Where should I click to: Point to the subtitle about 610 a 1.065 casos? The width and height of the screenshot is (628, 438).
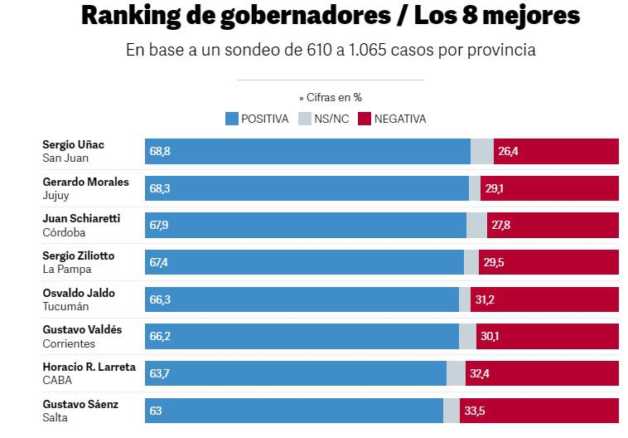coord(331,50)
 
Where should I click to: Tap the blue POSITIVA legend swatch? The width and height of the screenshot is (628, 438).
coord(232,119)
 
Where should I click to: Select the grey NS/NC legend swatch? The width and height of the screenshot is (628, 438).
coord(303,119)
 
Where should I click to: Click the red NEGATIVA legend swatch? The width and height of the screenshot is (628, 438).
coord(364,119)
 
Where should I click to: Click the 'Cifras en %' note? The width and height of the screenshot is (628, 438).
coord(330,97)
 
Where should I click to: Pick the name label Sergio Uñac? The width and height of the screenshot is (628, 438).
coord(74,144)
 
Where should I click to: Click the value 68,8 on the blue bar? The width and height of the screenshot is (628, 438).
coord(160,152)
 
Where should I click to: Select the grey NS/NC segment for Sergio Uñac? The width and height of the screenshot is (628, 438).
coord(481,152)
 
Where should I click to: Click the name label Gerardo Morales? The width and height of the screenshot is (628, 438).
coord(85,182)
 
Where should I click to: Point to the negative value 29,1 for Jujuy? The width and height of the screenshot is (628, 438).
coord(494,189)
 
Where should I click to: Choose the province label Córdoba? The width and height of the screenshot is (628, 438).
coord(63,232)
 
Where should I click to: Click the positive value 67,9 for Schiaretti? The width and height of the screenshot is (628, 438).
coord(160,226)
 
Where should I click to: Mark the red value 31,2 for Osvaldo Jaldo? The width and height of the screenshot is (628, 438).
coord(484,299)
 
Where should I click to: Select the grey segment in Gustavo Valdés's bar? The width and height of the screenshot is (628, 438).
coord(467,336)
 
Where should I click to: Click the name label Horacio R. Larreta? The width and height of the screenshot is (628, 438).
coord(89,367)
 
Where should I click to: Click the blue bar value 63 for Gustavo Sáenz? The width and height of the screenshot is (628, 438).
coord(156,411)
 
